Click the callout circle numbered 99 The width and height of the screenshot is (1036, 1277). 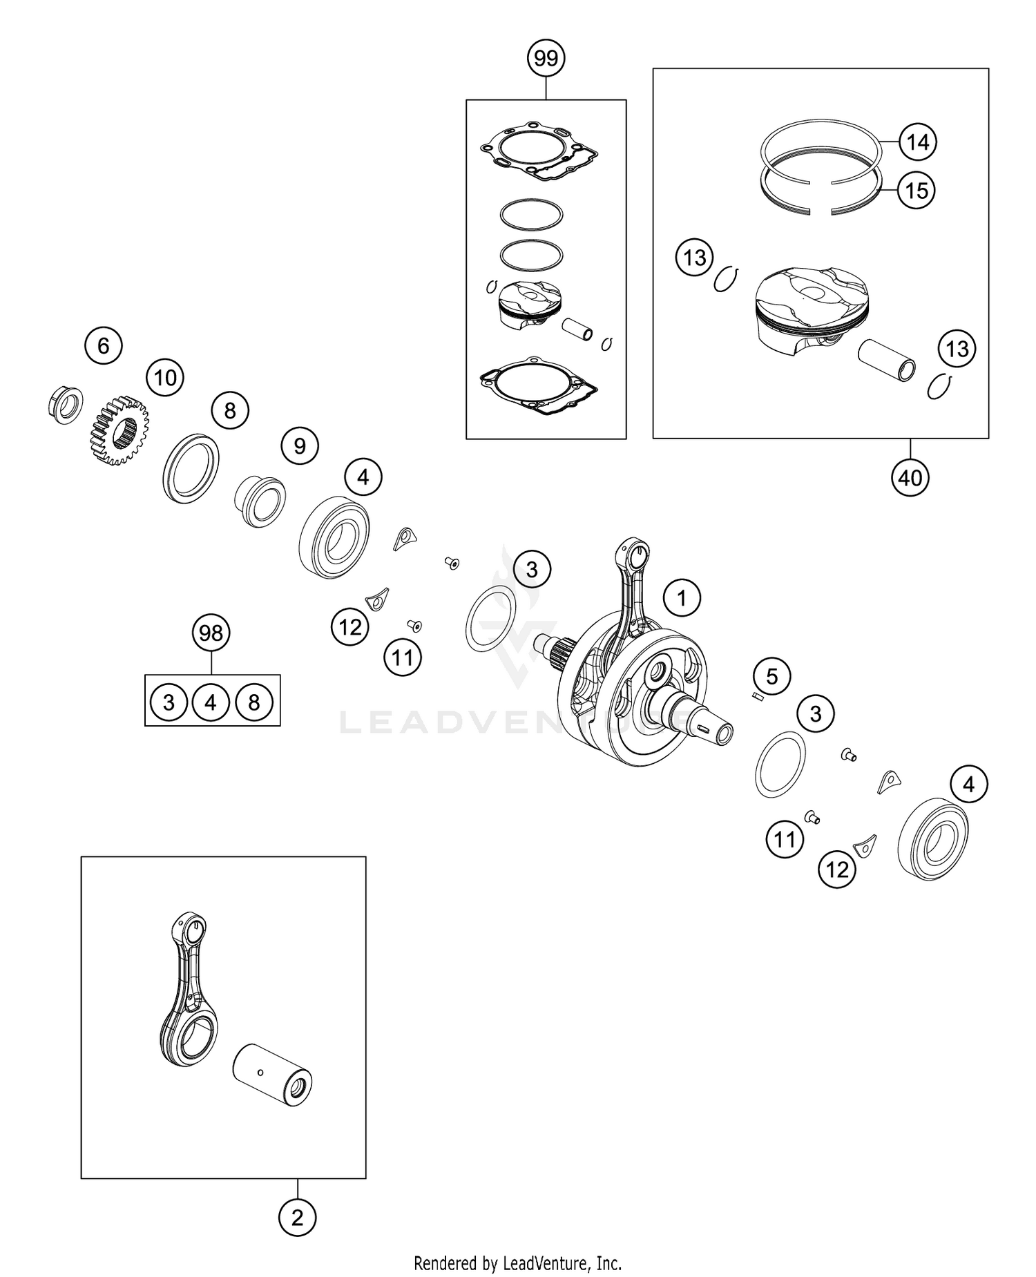(x=546, y=59)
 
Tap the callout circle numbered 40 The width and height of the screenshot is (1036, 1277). (x=910, y=477)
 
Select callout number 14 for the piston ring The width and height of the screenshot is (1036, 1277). (x=917, y=142)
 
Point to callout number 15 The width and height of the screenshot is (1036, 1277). (x=917, y=190)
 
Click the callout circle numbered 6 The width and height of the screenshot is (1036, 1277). (x=104, y=345)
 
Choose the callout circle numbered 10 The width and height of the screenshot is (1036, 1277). (x=165, y=378)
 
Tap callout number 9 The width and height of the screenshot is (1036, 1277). (x=299, y=445)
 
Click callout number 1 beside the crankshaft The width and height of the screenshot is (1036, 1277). (x=682, y=597)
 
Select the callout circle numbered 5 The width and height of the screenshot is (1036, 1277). (x=771, y=676)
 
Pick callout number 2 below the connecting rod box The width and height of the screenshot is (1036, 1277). (x=297, y=1237)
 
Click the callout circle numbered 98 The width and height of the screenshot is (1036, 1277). (x=211, y=633)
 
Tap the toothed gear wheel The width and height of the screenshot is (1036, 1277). (x=119, y=430)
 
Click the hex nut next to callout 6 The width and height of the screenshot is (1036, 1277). (x=66, y=405)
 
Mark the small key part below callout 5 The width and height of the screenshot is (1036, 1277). (x=758, y=697)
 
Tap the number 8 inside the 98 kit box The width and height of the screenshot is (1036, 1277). (x=254, y=702)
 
